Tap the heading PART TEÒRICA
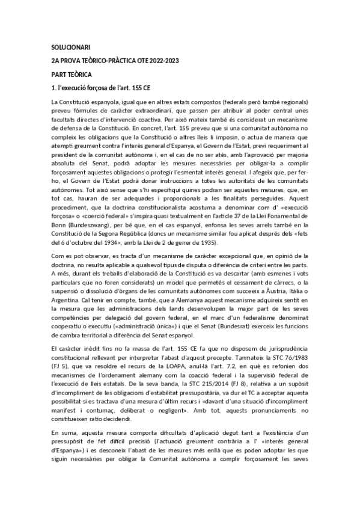72,74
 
